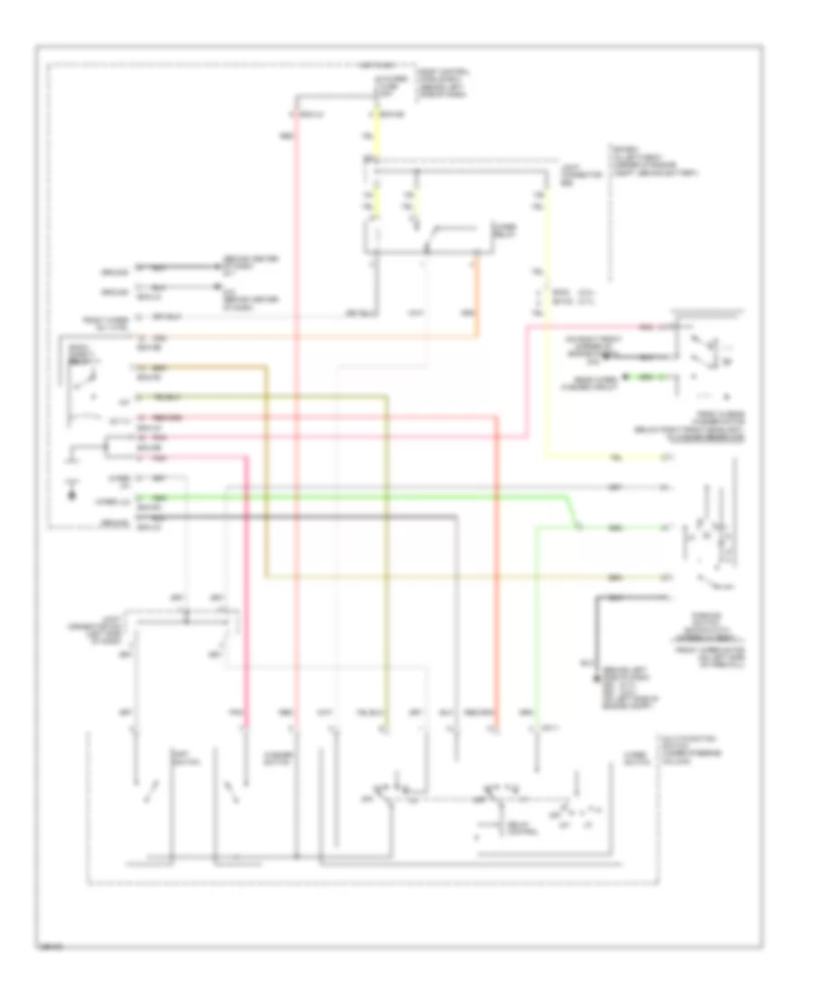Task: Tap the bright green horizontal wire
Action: pyautogui.click(x=361, y=498)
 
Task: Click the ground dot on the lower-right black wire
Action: pyautogui.click(x=595, y=665)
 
